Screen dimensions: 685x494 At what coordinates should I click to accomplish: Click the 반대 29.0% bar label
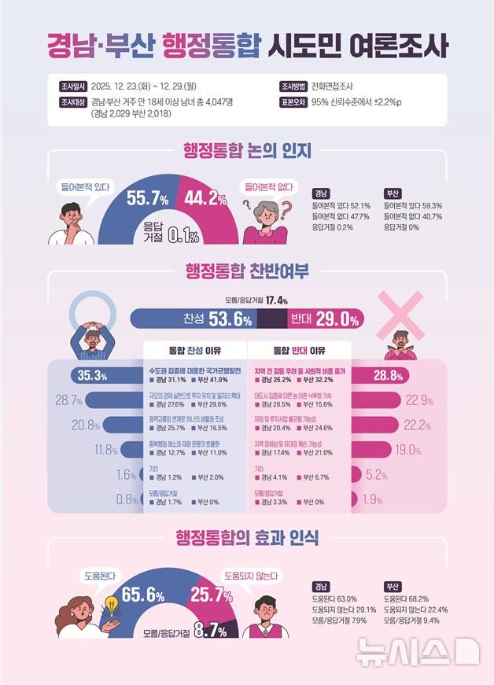click(x=325, y=319)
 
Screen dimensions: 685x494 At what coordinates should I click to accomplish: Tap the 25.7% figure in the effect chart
click(x=211, y=595)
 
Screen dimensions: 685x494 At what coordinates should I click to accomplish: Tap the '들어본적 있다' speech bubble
click(x=84, y=187)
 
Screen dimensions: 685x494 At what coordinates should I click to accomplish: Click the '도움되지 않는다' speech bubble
click(x=252, y=576)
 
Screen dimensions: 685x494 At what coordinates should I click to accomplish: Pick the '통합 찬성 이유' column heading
click(x=194, y=349)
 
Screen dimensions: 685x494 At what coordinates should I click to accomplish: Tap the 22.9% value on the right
click(x=420, y=400)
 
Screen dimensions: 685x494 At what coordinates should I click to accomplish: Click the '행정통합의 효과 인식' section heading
click(x=246, y=538)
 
